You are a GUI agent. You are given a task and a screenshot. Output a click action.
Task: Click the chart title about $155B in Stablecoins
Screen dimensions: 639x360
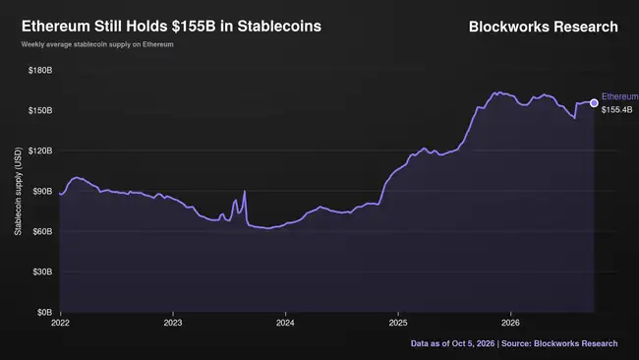click(x=171, y=27)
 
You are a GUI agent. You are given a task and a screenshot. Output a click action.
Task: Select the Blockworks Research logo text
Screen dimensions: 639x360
click(x=544, y=27)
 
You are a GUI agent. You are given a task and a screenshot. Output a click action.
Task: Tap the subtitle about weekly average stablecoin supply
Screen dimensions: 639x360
click(x=97, y=44)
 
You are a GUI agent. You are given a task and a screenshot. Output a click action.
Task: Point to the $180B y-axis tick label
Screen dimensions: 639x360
click(x=40, y=70)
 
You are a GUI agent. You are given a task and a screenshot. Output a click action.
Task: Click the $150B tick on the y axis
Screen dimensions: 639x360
click(x=40, y=110)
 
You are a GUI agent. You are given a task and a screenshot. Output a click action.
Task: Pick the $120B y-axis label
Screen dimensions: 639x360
click(x=40, y=150)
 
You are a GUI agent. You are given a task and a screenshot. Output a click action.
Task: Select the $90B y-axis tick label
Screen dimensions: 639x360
click(x=42, y=191)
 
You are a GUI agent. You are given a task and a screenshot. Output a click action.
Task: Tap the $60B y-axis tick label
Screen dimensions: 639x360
click(x=42, y=231)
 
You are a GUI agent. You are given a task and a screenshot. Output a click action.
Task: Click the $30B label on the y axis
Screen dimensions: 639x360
click(x=42, y=271)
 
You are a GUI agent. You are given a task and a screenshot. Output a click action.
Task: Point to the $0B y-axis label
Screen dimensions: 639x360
click(x=44, y=313)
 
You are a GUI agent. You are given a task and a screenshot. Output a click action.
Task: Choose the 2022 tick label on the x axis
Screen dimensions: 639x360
click(x=60, y=323)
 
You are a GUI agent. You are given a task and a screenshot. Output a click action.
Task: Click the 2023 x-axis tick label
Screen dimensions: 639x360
click(x=173, y=323)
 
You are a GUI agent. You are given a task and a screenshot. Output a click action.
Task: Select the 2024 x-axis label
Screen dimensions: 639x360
click(x=285, y=323)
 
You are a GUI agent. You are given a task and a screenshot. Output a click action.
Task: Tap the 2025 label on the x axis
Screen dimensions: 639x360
click(x=398, y=323)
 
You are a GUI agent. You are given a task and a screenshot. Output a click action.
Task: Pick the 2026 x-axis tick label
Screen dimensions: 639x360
click(x=510, y=323)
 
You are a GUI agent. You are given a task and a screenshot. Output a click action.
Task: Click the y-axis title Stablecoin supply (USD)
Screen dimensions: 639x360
click(x=18, y=191)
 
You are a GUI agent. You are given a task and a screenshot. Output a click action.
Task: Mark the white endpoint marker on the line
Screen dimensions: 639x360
click(x=594, y=103)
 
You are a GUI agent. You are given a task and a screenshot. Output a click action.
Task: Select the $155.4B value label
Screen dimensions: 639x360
click(x=617, y=109)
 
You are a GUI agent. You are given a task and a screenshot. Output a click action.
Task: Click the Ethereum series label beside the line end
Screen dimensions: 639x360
click(x=620, y=96)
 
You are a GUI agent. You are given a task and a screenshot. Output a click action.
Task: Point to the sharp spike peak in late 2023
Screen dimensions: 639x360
click(x=245, y=191)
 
